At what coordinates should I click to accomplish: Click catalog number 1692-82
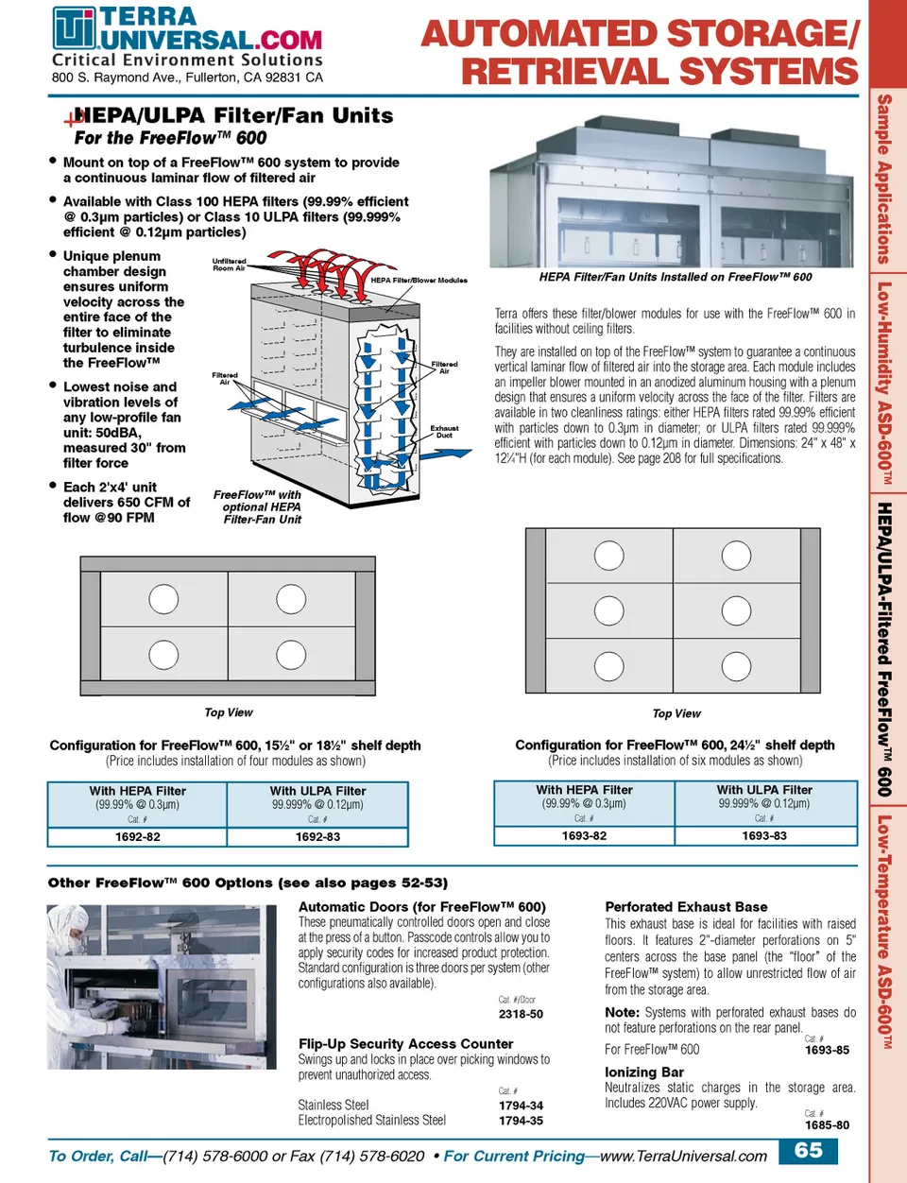(138, 837)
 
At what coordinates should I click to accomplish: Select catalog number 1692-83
(317, 837)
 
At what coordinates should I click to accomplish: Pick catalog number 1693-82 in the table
(584, 836)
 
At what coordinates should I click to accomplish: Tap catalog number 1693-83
(764, 836)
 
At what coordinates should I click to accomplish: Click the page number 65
(809, 1151)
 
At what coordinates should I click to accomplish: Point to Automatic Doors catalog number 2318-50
(521, 1014)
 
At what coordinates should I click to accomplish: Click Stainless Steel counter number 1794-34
(521, 1106)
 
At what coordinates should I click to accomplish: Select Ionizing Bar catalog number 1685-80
(827, 1125)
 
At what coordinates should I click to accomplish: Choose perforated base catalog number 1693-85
(827, 1050)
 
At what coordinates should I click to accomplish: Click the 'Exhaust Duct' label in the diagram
(444, 432)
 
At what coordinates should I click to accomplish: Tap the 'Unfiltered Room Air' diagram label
(229, 265)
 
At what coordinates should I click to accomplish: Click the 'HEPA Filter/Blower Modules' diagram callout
(419, 281)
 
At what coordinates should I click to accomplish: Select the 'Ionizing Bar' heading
(644, 1072)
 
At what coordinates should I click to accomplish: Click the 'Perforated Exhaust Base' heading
(686, 907)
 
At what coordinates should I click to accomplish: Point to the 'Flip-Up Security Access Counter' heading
(406, 1044)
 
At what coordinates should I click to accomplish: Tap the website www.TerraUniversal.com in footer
(683, 1157)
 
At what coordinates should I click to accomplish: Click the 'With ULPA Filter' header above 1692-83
(317, 791)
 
